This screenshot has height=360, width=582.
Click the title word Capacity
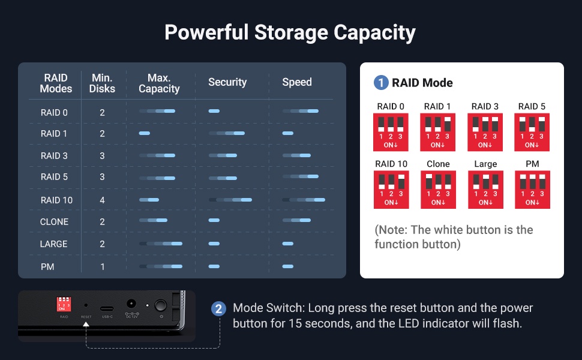pos(374,32)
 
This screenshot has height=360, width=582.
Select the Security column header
pos(227,82)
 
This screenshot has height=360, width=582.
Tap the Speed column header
pos(297,82)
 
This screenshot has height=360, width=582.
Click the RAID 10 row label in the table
pos(56,200)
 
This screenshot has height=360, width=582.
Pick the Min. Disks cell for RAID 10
pos(102,200)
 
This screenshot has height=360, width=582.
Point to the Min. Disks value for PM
pos(103,266)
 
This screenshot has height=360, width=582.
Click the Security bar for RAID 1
pos(226,133)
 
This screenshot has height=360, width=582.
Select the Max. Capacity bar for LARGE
pos(161,244)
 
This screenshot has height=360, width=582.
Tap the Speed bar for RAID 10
pos(304,200)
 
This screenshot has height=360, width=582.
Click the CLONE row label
pos(54,221)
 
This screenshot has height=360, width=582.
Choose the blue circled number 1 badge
pos(381,82)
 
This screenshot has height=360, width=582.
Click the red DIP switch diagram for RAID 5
pos(532,132)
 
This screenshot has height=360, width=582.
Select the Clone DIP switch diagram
pos(438,190)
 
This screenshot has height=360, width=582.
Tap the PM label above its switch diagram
pos(532,164)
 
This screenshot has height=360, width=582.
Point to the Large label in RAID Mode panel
pos(485,164)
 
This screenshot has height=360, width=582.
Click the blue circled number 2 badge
pos(218,309)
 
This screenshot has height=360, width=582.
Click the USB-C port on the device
pos(107,308)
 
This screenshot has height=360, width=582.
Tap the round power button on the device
pos(160,305)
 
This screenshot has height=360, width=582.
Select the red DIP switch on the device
pos(64,304)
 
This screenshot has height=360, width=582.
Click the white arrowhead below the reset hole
pos(86,324)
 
